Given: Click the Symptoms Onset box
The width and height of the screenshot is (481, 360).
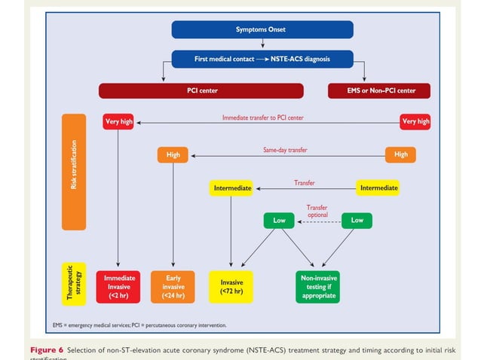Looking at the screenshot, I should pyautogui.click(x=262, y=29).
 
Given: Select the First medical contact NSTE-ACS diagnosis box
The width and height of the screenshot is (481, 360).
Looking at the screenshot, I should pyautogui.click(x=262, y=58).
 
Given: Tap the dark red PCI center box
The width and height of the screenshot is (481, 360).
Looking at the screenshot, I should pyautogui.click(x=201, y=91).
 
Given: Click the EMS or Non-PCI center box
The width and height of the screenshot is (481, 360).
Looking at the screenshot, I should pyautogui.click(x=378, y=91).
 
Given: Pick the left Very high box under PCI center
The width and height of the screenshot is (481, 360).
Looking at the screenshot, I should pyautogui.click(x=118, y=121).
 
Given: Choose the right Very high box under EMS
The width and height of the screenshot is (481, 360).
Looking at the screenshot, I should pyautogui.click(x=415, y=121).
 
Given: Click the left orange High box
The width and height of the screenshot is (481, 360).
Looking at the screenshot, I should pyautogui.click(x=173, y=154).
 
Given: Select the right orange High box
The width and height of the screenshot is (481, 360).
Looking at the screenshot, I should pyautogui.click(x=400, y=154).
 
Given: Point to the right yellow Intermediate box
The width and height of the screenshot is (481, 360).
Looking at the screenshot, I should pyautogui.click(x=378, y=188).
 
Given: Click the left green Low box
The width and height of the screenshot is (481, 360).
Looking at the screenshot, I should pyautogui.click(x=279, y=221).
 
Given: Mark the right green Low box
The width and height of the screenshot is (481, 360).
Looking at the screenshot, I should pyautogui.click(x=357, y=221).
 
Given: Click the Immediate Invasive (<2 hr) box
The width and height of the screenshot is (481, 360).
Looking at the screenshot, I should pyautogui.click(x=119, y=287).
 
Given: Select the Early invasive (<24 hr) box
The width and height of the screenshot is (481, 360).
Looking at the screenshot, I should pyautogui.click(x=173, y=287).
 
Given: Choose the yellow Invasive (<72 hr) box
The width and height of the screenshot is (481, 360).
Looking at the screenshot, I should pyautogui.click(x=231, y=287).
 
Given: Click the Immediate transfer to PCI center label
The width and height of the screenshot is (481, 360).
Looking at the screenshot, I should pyautogui.click(x=262, y=117).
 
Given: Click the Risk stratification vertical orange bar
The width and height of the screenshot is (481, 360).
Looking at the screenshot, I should pyautogui.click(x=74, y=172).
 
